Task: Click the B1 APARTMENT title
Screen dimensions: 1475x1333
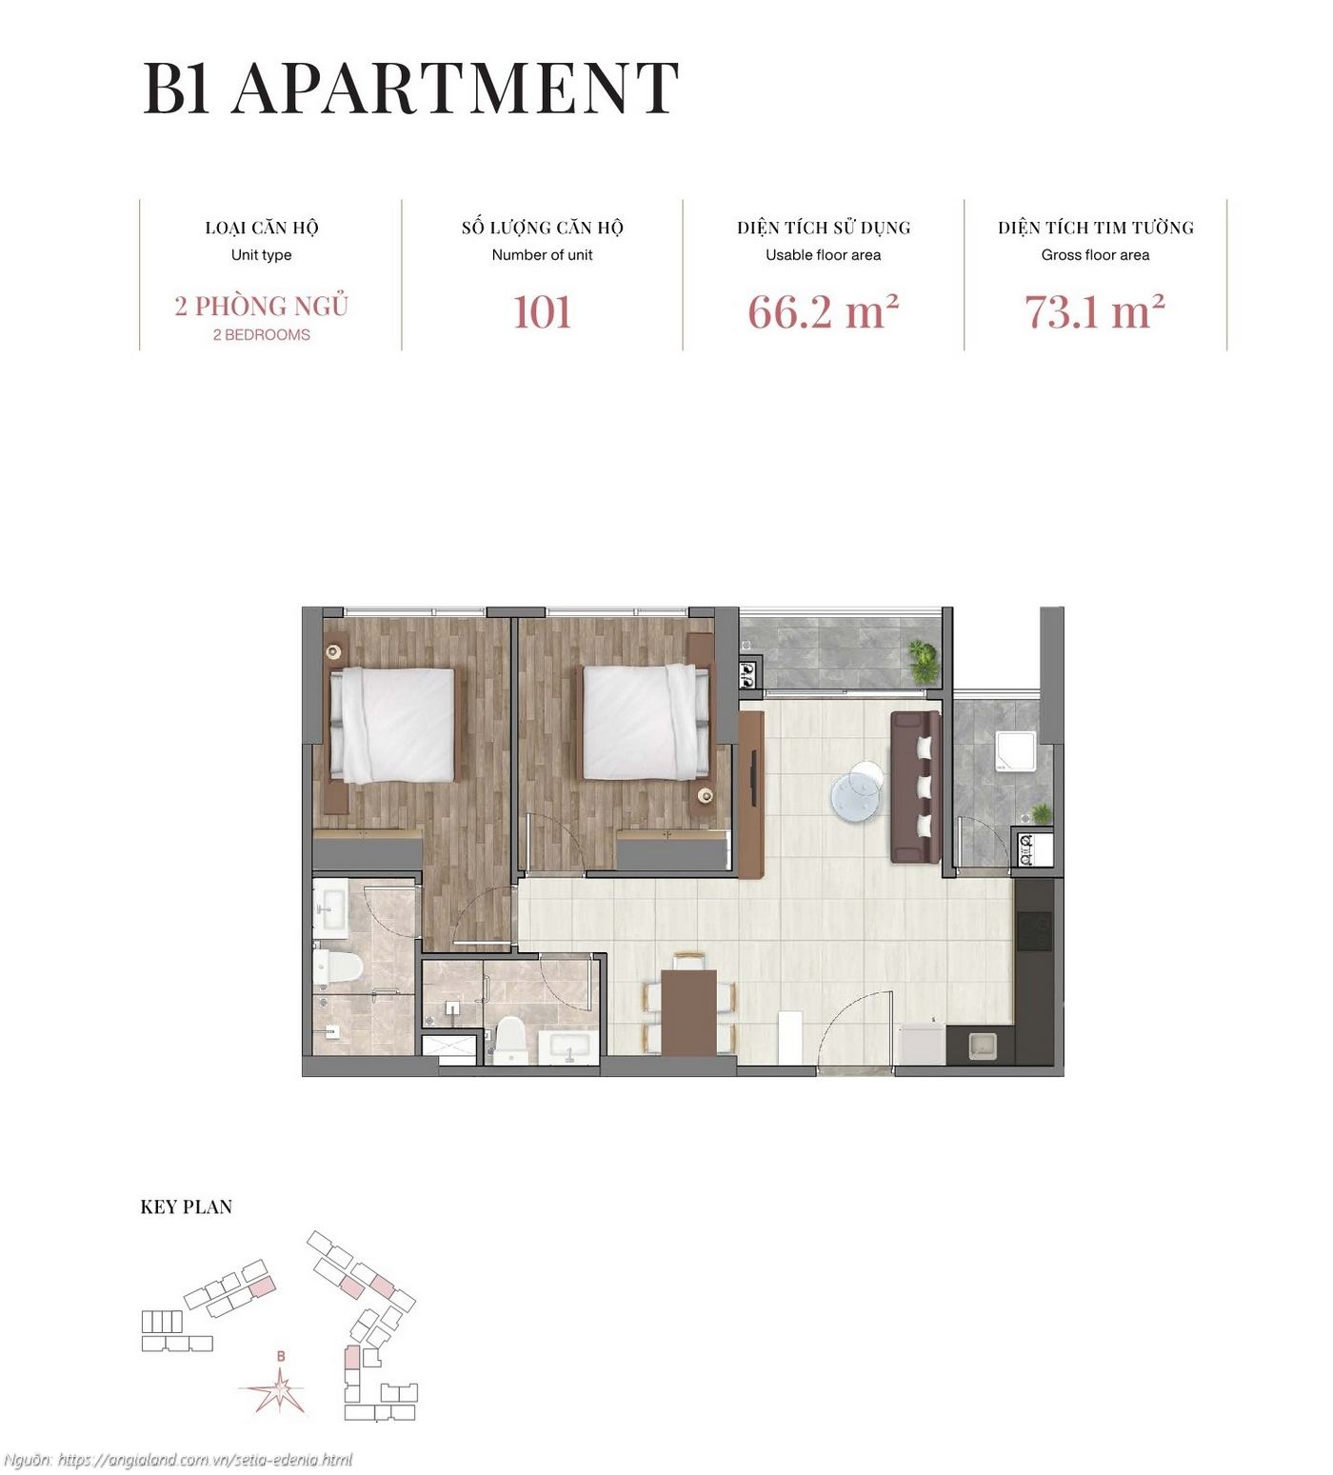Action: (x=410, y=89)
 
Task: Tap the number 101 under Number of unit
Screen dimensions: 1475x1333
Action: (x=542, y=312)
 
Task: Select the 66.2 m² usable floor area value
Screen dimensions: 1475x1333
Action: (x=823, y=312)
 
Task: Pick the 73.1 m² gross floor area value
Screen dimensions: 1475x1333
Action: (x=1095, y=312)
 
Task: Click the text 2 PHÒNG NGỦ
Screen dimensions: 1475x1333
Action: (x=261, y=306)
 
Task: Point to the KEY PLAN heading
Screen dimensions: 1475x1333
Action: (x=187, y=1206)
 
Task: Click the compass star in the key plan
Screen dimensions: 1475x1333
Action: (x=279, y=1391)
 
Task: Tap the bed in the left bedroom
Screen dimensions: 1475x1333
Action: (x=392, y=725)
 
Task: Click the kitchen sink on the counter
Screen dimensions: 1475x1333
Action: (x=982, y=1046)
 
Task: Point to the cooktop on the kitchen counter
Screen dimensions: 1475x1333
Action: (x=1035, y=931)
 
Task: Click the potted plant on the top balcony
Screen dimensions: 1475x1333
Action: (x=923, y=660)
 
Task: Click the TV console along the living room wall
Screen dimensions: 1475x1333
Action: (x=751, y=794)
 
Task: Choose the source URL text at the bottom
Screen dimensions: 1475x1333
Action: (x=178, y=1460)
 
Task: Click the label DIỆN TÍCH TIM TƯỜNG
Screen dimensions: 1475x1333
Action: (x=1095, y=228)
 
